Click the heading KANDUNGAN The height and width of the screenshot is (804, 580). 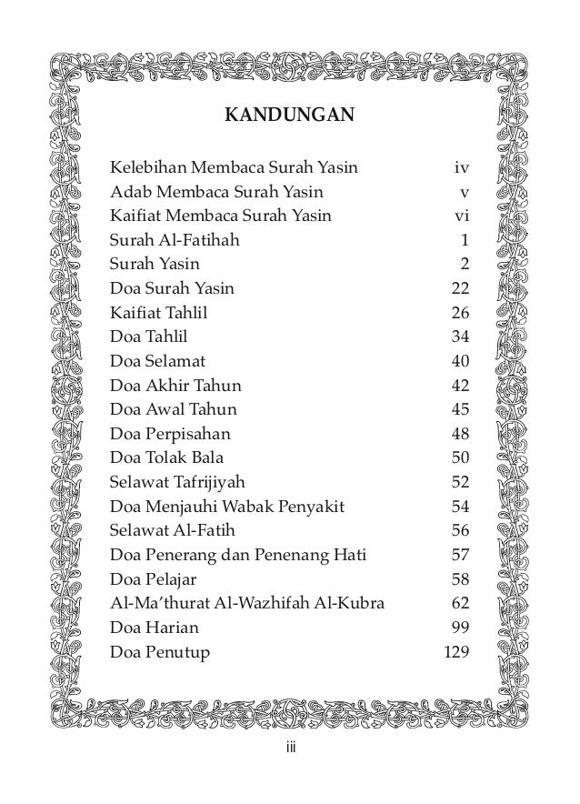point(289,116)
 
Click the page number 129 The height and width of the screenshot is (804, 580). point(455,651)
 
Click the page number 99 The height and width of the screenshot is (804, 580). point(460,627)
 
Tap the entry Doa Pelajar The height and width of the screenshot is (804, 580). point(154,578)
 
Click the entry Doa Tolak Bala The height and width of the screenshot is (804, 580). point(166,457)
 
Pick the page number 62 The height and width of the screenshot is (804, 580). point(460,603)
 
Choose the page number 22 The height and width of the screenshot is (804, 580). point(460,289)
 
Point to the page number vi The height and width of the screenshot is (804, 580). point(461,216)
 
